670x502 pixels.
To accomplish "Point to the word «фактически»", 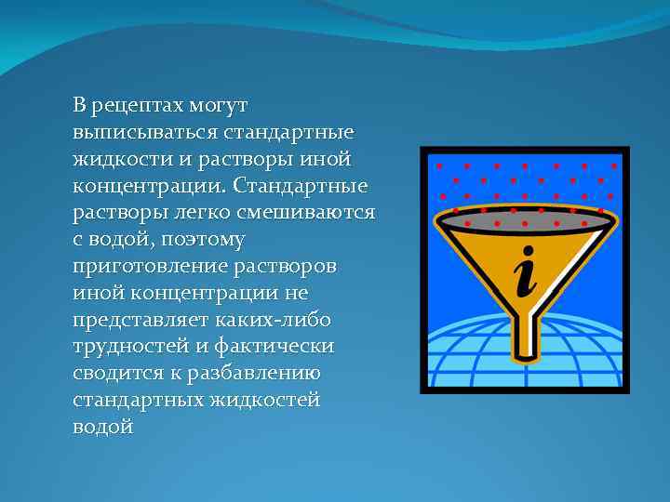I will (x=281, y=347).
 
